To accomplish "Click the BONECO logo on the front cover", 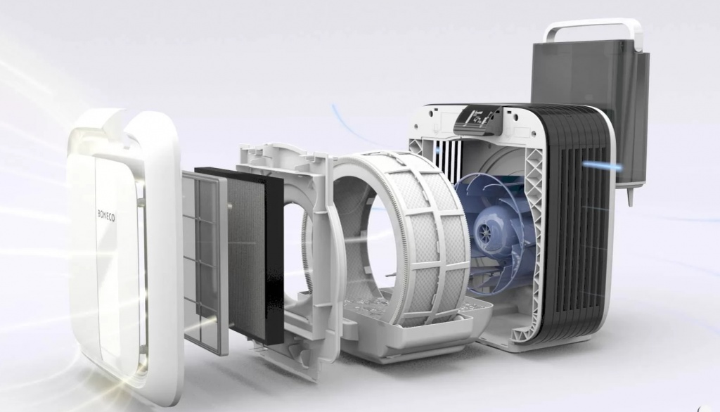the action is point(106,215).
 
